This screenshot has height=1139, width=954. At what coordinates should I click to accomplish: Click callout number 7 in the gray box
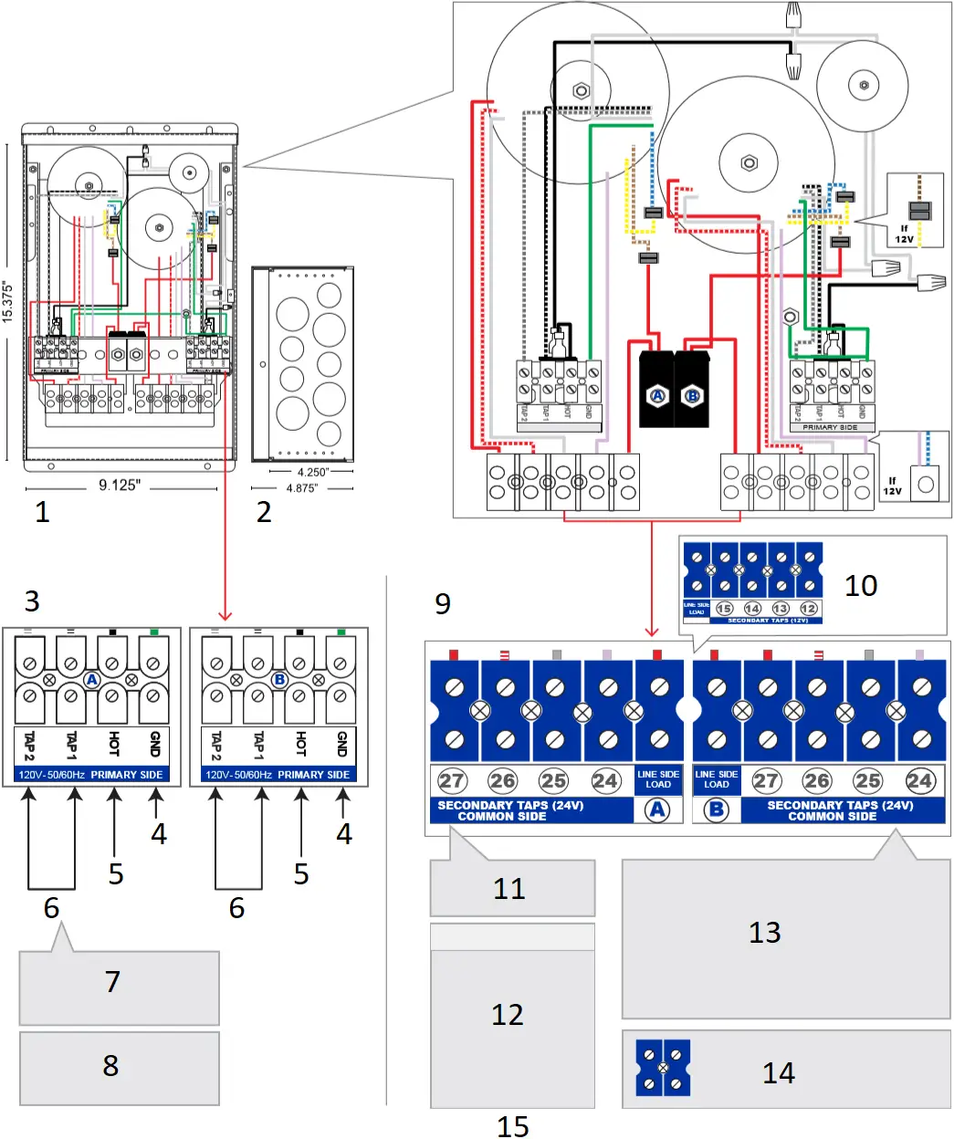112,982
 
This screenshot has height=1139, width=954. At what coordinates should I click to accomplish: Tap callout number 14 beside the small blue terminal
778,1073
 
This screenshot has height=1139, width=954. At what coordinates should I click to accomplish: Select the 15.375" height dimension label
8,301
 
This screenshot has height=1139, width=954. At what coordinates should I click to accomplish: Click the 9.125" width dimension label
120,485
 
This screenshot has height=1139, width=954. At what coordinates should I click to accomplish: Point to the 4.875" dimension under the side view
301,488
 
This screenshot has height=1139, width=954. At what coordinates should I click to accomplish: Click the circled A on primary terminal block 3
91,680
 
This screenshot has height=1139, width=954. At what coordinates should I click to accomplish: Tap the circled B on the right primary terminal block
279,680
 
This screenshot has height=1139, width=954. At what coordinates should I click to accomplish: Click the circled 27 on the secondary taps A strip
452,780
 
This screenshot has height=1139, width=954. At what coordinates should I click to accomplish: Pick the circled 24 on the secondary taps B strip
918,780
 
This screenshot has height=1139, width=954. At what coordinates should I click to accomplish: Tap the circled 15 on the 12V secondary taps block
724,608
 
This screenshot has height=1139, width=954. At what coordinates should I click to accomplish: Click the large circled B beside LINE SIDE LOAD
717,810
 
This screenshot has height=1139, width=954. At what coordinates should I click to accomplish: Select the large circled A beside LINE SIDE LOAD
657,810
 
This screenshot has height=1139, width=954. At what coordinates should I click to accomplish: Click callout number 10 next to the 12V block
860,585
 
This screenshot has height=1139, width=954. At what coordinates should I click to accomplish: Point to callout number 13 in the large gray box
764,933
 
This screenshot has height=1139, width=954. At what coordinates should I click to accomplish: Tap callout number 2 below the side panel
264,512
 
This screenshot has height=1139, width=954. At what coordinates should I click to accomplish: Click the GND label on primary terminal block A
154,744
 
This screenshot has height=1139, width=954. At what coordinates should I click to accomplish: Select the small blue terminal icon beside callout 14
663,1067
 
